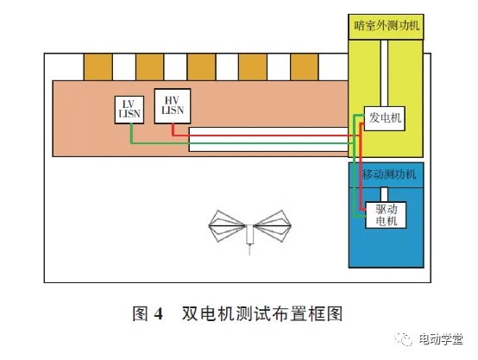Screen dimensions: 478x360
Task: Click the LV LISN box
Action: (129, 110)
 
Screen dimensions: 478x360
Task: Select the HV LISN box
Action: (173, 106)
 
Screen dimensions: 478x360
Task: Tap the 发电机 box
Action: (385, 118)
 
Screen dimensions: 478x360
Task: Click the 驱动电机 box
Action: (386, 215)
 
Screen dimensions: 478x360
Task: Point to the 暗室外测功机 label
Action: (387, 26)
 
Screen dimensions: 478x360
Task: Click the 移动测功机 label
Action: (389, 174)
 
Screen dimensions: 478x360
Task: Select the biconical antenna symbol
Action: (249, 229)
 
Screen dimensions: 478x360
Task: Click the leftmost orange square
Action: (97, 67)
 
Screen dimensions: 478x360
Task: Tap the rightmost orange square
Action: (305, 67)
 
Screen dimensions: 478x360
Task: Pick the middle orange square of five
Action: (201, 67)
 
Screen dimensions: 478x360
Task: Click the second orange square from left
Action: (149, 67)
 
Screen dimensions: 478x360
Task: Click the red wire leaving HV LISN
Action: (262, 136)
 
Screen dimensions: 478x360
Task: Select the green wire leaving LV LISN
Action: (244, 142)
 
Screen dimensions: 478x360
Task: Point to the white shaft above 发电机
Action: (384, 73)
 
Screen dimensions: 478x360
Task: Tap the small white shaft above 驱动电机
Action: (385, 194)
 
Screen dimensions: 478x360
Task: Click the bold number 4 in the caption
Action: (158, 313)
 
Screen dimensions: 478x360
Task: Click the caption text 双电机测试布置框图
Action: (262, 313)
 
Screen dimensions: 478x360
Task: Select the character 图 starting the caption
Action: (141, 313)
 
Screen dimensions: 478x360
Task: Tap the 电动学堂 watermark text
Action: (441, 339)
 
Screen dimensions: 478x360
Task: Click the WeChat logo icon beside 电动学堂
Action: (404, 338)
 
